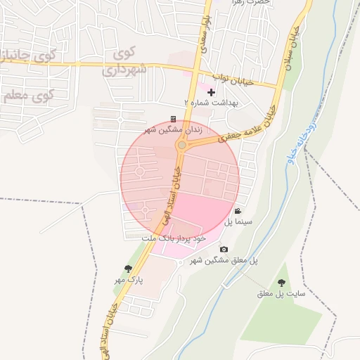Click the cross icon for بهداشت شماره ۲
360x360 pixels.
(x=211, y=92)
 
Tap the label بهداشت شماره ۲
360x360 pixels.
(x=211, y=103)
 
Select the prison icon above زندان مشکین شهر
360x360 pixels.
(x=174, y=120)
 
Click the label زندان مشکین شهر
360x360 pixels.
(x=173, y=129)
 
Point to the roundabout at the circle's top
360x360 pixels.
(x=181, y=145)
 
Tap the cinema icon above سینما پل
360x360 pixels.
(x=238, y=211)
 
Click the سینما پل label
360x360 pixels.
(x=238, y=221)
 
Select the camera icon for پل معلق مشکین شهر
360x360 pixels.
(x=224, y=249)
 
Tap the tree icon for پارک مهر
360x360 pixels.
(x=128, y=269)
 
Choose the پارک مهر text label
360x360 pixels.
(x=129, y=279)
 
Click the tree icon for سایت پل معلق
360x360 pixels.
(x=281, y=283)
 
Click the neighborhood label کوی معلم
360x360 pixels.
(x=28, y=95)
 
